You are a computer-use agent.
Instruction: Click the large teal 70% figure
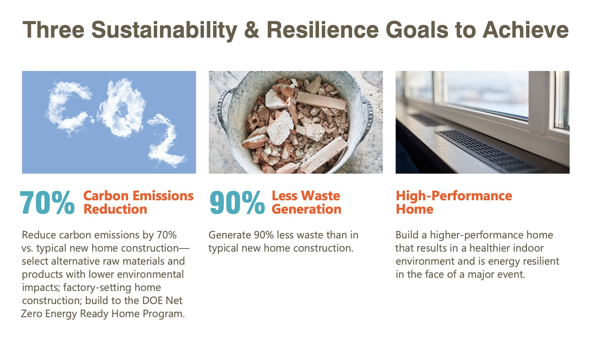pyautogui.click(x=47, y=203)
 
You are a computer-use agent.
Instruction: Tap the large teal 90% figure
pyautogui.click(x=237, y=203)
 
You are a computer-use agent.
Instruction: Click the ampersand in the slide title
pyautogui.click(x=252, y=30)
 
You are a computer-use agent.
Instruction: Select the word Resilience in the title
pyautogui.click(x=323, y=30)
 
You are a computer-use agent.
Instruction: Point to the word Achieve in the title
pyautogui.click(x=526, y=30)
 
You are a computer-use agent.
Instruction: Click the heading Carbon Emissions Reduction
pyautogui.click(x=138, y=203)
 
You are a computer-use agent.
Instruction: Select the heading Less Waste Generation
pyautogui.click(x=306, y=203)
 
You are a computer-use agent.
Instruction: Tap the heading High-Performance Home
pyautogui.click(x=454, y=203)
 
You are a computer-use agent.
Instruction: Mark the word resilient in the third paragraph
pyautogui.click(x=541, y=261)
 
